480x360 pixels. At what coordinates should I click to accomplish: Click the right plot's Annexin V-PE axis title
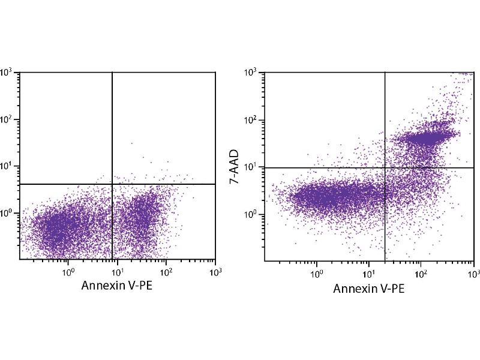pyautogui.click(x=368, y=289)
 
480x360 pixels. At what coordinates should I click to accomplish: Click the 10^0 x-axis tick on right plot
pyautogui.click(x=317, y=274)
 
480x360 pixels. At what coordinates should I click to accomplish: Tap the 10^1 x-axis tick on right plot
pyautogui.click(x=369, y=274)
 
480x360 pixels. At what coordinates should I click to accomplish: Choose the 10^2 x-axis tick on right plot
pyautogui.click(x=421, y=274)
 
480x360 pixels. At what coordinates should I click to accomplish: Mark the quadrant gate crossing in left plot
pyautogui.click(x=112, y=184)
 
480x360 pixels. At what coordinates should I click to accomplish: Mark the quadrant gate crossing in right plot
pyautogui.click(x=385, y=167)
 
